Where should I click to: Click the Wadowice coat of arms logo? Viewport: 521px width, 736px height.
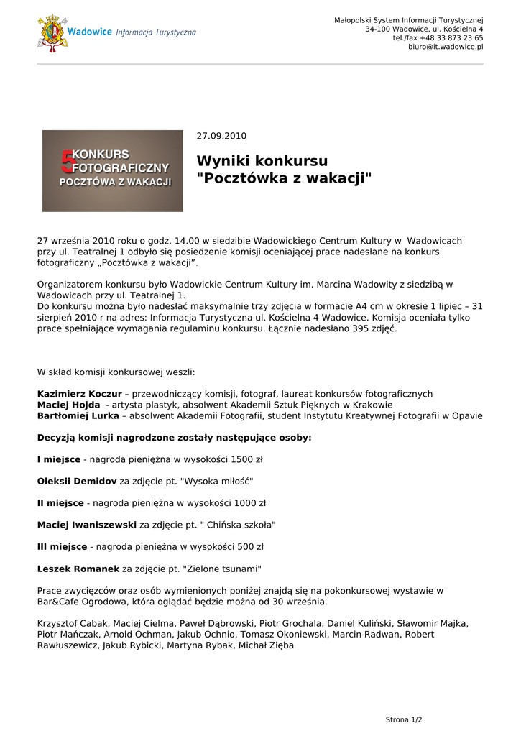pos(52,32)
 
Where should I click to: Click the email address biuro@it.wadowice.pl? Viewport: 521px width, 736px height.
pos(446,47)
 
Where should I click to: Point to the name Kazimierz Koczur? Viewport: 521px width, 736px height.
pos(79,394)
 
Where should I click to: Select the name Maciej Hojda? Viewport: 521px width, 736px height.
pos(68,405)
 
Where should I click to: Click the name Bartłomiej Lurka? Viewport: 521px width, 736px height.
pos(78,415)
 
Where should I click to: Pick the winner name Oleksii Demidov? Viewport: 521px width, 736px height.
pos(76,481)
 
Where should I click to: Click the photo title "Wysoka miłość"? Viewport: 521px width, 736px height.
pos(217,481)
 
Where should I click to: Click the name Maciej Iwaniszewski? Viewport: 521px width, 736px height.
pos(86,525)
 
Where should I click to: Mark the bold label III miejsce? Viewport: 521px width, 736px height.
pos(62,547)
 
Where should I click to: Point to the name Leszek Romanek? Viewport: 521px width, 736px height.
pos(78,569)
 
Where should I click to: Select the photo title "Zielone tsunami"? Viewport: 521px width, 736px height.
pos(222,569)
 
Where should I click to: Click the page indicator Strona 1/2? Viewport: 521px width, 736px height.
pos(404,719)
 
